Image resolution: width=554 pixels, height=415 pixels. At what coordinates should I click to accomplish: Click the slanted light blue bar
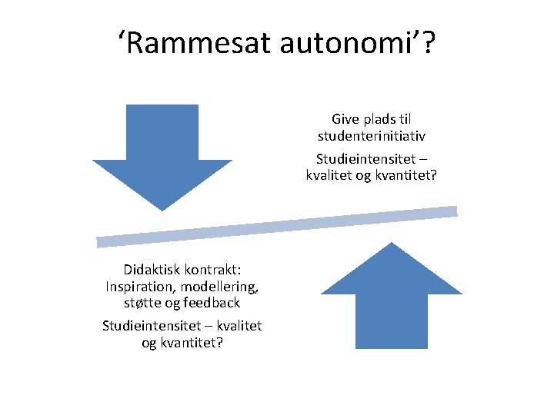pos(277,227)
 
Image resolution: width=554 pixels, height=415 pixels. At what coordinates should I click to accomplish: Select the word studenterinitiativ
pos(372,136)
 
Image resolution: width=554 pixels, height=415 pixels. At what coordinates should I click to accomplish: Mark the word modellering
pos(219,287)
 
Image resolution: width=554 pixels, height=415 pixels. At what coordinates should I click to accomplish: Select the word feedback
pos(212,303)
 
